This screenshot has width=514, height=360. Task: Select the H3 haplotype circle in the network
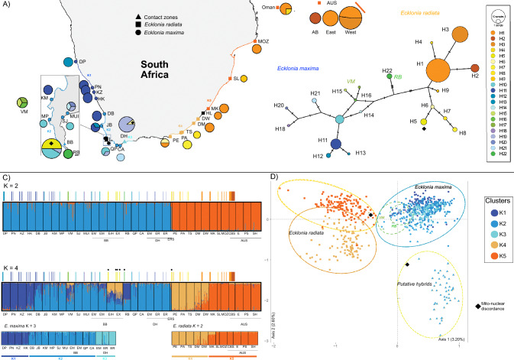(459, 36)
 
